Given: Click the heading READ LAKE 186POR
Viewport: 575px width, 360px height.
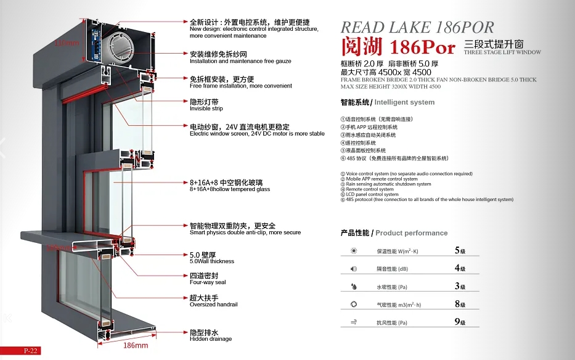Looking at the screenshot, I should (417, 27).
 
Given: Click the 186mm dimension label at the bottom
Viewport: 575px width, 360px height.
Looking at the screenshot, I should (136, 345).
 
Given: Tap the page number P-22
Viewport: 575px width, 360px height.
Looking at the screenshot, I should (31, 351).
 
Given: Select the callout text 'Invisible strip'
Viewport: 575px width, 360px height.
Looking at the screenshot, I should (206, 108).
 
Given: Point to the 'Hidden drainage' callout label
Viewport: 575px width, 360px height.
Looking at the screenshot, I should (211, 339).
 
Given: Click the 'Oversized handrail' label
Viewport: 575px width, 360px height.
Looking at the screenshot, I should (213, 305).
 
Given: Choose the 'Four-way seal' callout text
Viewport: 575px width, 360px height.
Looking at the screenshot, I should (208, 282).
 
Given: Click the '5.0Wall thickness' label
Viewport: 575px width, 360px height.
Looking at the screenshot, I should (211, 261).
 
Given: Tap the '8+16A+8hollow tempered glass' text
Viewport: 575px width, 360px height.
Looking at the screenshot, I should (229, 189).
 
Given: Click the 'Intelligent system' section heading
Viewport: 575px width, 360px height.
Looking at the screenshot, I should (404, 102).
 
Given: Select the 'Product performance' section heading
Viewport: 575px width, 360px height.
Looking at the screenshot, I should (411, 233).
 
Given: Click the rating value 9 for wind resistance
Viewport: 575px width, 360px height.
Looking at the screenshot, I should (457, 322).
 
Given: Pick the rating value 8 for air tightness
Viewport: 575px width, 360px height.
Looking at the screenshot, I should (457, 304).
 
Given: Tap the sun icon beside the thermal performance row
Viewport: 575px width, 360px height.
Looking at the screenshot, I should (354, 251).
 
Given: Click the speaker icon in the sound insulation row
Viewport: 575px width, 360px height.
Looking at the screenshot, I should (354, 269).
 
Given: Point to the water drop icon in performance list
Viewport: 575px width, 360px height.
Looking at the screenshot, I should (354, 287).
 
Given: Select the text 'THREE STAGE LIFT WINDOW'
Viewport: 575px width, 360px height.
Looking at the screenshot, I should (502, 52).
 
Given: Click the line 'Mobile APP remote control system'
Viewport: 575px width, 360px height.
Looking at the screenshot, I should (381, 179).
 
